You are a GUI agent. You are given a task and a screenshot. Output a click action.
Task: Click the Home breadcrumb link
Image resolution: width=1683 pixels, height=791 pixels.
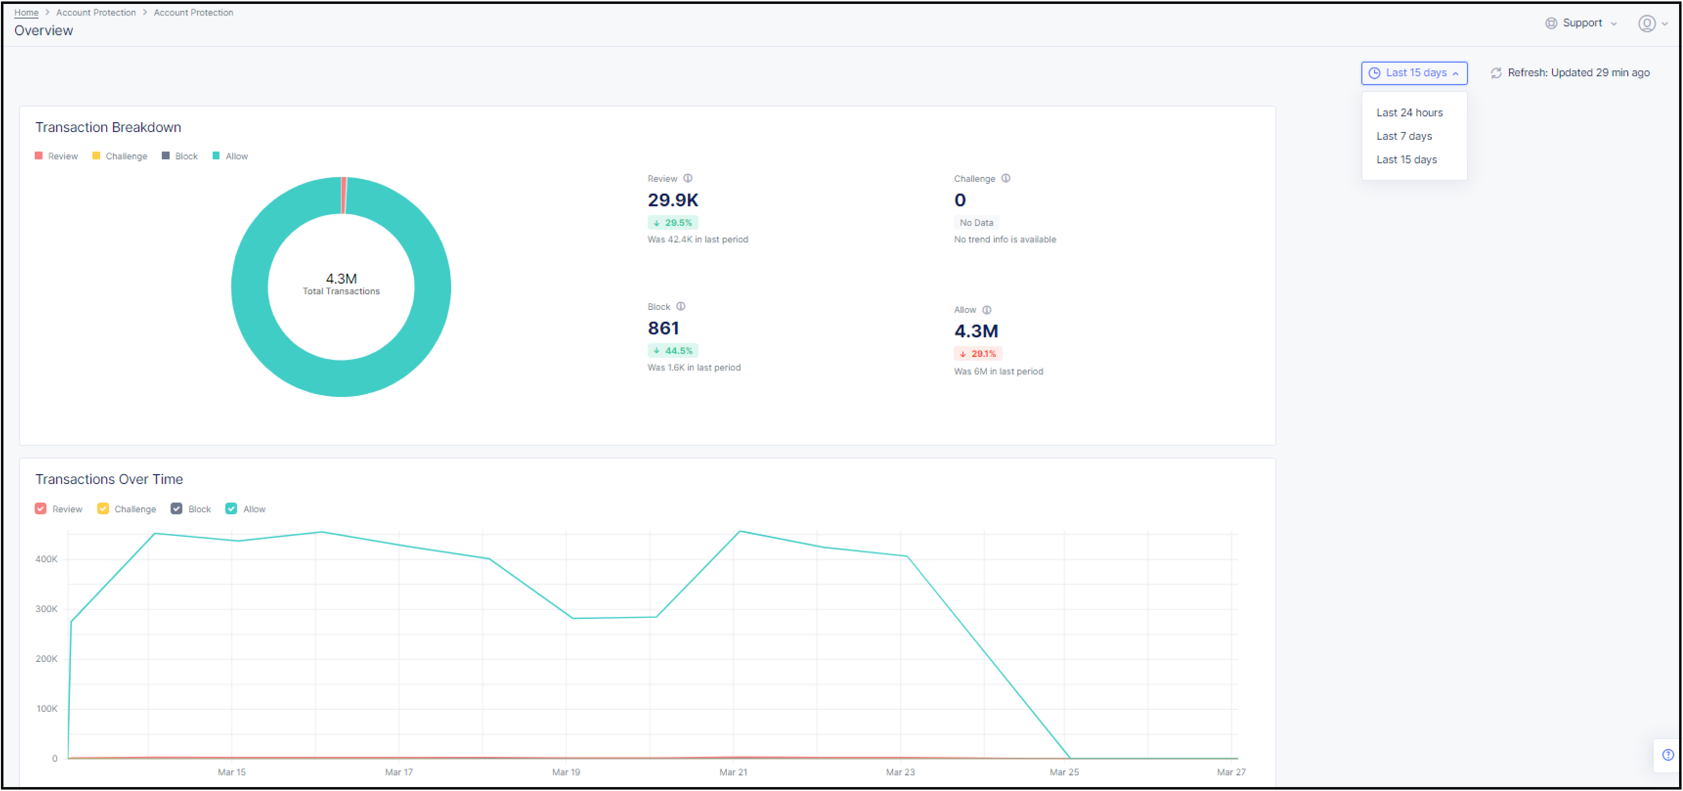[26, 12]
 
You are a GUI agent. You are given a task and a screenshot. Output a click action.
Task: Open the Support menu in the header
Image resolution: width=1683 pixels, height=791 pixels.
[1581, 23]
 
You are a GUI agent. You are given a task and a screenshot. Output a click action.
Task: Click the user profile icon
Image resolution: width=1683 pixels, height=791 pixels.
[1646, 23]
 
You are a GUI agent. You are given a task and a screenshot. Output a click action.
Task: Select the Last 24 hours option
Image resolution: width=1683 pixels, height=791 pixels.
[1409, 112]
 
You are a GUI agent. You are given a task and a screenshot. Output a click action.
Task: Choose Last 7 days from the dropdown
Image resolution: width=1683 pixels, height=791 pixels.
[1404, 136]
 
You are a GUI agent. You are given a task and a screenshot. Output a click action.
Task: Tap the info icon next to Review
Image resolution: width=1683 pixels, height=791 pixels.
[688, 178]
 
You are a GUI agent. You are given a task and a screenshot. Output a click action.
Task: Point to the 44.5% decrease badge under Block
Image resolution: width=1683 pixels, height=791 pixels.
[673, 351]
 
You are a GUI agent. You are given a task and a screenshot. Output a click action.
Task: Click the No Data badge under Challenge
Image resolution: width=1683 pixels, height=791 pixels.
[976, 223]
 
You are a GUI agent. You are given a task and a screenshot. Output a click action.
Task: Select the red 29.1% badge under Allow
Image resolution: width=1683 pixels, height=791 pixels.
[978, 354]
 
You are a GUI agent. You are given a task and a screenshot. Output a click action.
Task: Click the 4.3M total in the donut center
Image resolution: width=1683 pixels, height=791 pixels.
[341, 279]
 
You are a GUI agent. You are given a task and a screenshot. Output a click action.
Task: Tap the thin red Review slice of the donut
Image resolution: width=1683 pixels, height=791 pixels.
[344, 195]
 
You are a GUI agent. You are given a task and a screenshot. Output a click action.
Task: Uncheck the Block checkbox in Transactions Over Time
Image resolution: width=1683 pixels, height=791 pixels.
[176, 509]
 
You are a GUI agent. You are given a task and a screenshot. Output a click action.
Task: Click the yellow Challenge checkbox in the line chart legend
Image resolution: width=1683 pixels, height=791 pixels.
[103, 509]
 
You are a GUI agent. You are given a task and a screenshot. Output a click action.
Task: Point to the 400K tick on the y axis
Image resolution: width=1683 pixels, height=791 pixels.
[46, 559]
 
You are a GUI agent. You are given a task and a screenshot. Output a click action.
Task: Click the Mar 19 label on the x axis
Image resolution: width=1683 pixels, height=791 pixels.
[566, 772]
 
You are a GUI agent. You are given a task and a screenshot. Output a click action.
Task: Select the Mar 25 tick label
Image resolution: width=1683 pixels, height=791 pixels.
[1064, 772]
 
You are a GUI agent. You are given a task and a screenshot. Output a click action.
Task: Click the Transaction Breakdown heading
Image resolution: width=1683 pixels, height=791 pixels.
[109, 128]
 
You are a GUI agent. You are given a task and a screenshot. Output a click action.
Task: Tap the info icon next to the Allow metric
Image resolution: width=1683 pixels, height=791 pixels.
[986, 310]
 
